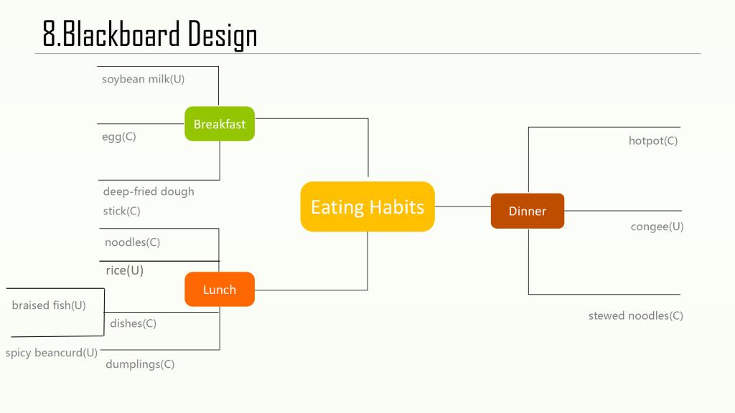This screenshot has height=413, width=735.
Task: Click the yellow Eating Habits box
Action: tap(367, 206)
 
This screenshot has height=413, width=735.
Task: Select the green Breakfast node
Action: tap(220, 123)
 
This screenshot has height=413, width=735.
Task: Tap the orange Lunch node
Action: tap(220, 290)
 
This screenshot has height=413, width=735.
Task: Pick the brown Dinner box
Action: tap(528, 211)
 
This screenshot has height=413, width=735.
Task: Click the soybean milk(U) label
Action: tap(143, 79)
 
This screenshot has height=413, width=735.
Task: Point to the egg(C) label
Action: tap(119, 137)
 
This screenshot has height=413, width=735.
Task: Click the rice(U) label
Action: tap(125, 270)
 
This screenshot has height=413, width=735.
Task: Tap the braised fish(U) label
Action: tap(49, 305)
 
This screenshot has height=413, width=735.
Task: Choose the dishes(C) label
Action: tap(133, 323)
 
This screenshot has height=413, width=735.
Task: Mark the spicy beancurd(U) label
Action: tap(52, 353)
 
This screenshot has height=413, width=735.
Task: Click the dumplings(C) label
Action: tap(140, 364)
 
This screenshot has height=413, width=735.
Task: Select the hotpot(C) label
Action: tap(653, 141)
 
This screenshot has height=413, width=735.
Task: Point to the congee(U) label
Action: tap(657, 227)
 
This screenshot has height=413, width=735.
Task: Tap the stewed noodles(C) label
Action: tap(636, 315)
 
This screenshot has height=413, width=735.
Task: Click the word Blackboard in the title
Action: tap(121, 34)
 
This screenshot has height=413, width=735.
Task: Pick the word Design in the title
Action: tap(223, 35)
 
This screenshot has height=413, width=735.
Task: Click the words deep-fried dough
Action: tap(149, 191)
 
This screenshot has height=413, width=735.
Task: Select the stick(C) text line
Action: tap(121, 212)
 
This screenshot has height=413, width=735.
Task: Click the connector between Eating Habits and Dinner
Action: tap(463, 206)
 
